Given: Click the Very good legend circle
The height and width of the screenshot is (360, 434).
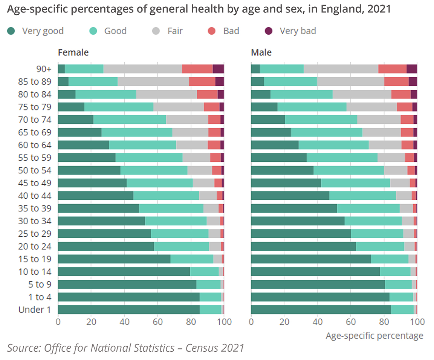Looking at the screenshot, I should coord(11,31).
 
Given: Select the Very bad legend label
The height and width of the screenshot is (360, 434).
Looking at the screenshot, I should coord(298,31).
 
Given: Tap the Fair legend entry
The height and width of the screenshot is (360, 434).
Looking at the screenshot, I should coord(175,31).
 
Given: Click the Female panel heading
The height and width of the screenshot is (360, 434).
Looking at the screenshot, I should coord(73,52).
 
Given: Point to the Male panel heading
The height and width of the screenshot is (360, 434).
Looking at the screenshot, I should coord(261,52).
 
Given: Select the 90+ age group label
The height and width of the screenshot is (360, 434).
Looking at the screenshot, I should coord(43,69).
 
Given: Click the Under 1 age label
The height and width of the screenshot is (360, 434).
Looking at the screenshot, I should coord(35,310).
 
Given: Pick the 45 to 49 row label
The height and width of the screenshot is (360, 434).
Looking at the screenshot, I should coord(35,183).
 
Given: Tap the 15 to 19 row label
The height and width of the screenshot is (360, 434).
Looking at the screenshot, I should coord(35,259).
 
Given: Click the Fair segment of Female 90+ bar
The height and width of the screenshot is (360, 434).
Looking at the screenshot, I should coord(142,69).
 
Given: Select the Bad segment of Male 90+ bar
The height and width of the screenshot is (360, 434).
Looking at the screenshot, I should coord(392,69).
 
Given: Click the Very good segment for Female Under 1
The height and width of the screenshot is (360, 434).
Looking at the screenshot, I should coord(128,310).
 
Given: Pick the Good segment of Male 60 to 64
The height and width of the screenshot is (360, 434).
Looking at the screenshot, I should coord(333,145).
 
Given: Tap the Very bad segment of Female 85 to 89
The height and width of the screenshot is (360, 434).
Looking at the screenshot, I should coord(220,82).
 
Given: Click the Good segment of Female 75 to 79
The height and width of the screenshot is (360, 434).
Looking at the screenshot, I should coord(119,107).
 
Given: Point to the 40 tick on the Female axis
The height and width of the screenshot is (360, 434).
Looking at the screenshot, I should coord(124,322).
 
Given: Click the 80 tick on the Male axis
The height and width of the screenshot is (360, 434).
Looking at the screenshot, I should coord(384,322).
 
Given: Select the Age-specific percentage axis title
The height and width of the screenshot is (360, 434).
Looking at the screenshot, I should coord(374,335).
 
